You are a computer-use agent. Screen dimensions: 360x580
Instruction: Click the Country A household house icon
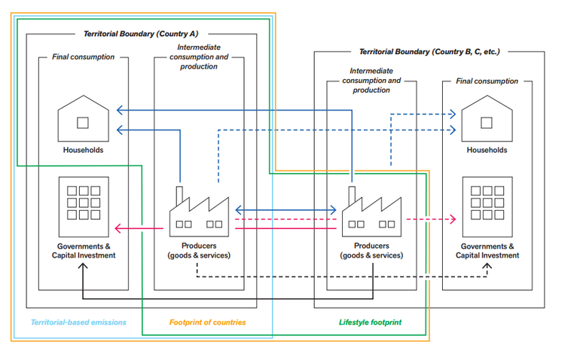point(83,119)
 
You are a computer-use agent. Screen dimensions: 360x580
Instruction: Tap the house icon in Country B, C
point(487,119)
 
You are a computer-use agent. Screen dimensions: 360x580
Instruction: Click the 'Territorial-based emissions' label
point(78,322)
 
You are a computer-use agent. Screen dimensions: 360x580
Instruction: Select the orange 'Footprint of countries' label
point(207,322)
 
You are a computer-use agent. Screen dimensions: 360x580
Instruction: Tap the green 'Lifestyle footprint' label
point(370,322)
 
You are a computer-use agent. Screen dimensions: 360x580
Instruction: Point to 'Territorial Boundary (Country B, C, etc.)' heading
point(429,52)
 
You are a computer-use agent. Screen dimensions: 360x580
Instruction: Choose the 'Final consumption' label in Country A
point(83,56)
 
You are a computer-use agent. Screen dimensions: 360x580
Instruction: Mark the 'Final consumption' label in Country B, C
point(487,81)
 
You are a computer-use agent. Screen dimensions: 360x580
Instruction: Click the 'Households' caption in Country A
point(83,150)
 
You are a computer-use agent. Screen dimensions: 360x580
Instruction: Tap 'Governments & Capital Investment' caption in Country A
point(83,250)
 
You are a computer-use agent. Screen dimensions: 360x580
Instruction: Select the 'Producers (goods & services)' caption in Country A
point(199,250)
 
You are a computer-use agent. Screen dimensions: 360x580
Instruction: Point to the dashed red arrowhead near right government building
point(452,219)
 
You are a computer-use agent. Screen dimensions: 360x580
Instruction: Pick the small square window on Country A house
point(83,122)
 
